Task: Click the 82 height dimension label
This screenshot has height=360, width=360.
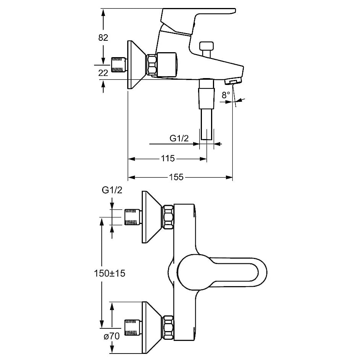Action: pyautogui.click(x=103, y=37)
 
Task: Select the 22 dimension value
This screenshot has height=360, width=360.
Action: pyautogui.click(x=103, y=73)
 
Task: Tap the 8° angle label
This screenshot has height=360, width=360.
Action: pyautogui.click(x=226, y=95)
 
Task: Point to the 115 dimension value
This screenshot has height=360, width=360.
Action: pyautogui.click(x=168, y=158)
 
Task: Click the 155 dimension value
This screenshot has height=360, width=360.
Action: pyautogui.click(x=176, y=177)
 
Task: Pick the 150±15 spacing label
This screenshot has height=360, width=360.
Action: pyautogui.click(x=109, y=273)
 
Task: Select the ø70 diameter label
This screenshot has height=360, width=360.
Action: pyautogui.click(x=112, y=336)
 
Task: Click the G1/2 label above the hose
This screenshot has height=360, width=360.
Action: pyautogui.click(x=179, y=138)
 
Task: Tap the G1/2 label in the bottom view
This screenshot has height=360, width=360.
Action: pyautogui.click(x=112, y=190)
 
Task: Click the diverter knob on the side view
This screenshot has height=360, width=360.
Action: pyautogui.click(x=206, y=49)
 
